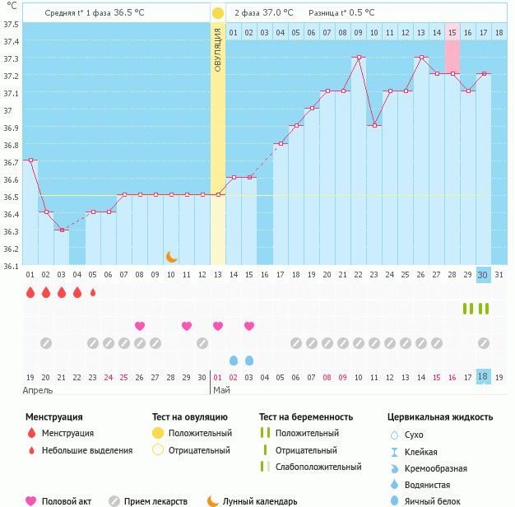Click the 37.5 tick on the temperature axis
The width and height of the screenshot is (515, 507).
pyautogui.click(x=12, y=24)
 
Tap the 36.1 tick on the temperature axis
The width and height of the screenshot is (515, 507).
pyautogui.click(x=12, y=266)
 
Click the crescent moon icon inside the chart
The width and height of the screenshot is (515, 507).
pyautogui.click(x=171, y=257)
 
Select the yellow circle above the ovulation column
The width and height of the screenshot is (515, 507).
pyautogui.click(x=217, y=13)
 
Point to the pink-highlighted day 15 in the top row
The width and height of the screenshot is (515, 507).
pyautogui.click(x=452, y=32)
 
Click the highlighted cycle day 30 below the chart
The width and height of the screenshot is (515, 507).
pyautogui.click(x=484, y=274)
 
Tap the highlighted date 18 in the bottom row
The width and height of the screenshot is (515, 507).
pyautogui.click(x=484, y=376)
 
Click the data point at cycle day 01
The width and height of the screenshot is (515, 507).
pyautogui.click(x=30, y=160)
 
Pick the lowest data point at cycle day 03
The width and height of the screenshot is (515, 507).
pyautogui.click(x=61, y=230)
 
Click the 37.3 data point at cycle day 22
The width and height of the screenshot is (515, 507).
pyautogui.click(x=359, y=58)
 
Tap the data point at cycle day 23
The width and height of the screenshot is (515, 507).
pyautogui.click(x=374, y=125)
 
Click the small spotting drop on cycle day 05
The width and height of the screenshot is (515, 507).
pyautogui.click(x=92, y=291)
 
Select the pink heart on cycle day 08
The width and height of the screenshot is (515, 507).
pyautogui.click(x=139, y=326)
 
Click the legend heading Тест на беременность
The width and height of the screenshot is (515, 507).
pyautogui.click(x=306, y=417)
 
